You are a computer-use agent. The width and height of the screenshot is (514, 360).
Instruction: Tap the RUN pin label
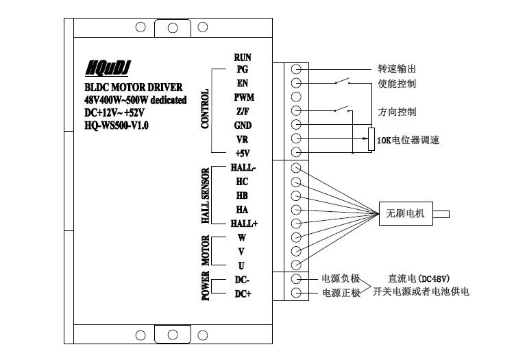243,58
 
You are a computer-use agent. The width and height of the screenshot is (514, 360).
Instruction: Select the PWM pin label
244,98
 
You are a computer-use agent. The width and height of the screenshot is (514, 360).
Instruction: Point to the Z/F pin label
242,112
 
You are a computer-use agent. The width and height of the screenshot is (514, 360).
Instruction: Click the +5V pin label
243,153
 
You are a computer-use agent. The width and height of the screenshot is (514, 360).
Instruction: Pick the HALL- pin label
243,168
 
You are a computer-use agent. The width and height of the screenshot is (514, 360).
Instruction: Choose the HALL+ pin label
243,224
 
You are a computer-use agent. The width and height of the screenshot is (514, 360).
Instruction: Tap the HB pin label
242,195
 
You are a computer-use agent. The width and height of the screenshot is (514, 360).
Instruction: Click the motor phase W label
242,238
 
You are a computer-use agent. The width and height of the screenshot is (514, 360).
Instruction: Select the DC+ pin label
243,293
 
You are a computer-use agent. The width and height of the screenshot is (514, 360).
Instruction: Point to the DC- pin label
243,280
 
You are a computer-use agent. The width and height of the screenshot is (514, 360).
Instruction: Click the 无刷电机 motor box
406,214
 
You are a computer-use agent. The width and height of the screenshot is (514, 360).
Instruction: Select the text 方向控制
397,111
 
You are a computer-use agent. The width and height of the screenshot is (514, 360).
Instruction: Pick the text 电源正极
341,293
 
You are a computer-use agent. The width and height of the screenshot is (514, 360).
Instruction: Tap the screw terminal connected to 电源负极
297,279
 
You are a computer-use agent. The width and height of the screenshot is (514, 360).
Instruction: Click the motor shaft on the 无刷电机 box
441,214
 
